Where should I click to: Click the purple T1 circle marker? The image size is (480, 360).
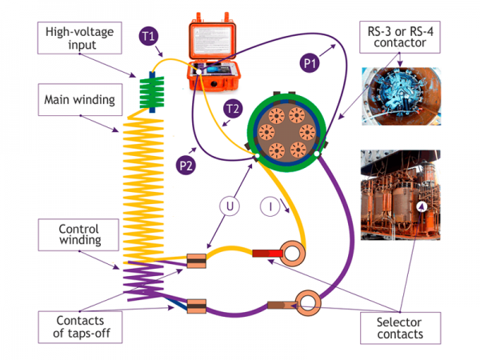click(150, 36)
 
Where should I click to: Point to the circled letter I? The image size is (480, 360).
click(273, 207)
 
